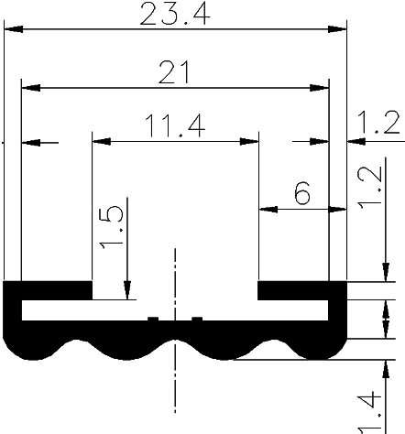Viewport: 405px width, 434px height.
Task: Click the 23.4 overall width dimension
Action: pos(174,15)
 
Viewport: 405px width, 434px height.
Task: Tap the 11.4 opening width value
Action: pos(174,127)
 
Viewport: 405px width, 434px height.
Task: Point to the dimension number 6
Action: pos(301,193)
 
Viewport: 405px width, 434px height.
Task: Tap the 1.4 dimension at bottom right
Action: pos(369,412)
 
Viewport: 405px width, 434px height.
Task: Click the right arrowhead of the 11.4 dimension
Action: pos(248,143)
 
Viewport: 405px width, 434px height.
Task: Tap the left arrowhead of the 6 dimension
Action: pos(268,210)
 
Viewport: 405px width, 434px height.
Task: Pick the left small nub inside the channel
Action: pos(152,319)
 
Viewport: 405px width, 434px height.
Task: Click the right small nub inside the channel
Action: pos(196,319)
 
